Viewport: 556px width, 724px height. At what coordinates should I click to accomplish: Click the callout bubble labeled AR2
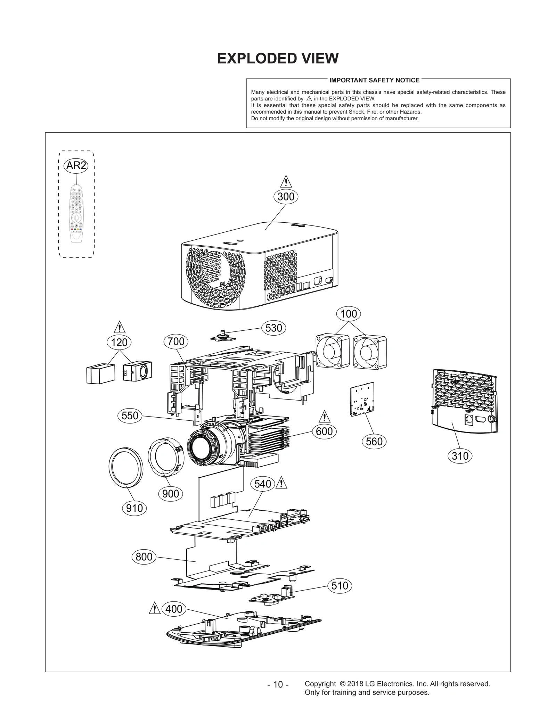pyautogui.click(x=76, y=166)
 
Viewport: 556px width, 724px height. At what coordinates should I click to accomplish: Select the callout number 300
pyautogui.click(x=286, y=197)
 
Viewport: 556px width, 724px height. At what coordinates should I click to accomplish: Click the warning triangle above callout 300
pyautogui.click(x=286, y=182)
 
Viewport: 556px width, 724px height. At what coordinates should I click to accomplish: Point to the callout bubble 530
pyautogui.click(x=273, y=328)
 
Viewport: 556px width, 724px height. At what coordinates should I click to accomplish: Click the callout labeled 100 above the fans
pyautogui.click(x=349, y=314)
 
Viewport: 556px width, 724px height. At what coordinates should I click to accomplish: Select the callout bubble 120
pyautogui.click(x=119, y=343)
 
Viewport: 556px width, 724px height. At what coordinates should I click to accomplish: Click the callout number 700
pyautogui.click(x=176, y=342)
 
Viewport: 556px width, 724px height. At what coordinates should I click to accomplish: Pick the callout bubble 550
pyautogui.click(x=130, y=416)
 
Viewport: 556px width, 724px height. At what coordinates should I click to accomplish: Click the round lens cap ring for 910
pyautogui.click(x=126, y=467)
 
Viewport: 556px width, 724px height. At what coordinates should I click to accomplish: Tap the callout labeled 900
pyautogui.click(x=171, y=494)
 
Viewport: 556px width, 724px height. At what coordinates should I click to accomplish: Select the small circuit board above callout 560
pyautogui.click(x=362, y=399)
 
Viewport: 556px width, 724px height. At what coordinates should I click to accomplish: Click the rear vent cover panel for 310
pyautogui.click(x=464, y=401)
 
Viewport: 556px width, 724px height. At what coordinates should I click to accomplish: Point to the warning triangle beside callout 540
pyautogui.click(x=281, y=484)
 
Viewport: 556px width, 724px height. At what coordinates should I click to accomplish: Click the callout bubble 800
pyautogui.click(x=144, y=557)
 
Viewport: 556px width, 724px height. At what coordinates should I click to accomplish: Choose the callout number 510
pyautogui.click(x=340, y=586)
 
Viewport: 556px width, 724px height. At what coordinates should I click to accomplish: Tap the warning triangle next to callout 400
pyautogui.click(x=154, y=609)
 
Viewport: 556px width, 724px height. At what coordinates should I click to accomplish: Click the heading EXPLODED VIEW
pyautogui.click(x=278, y=58)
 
